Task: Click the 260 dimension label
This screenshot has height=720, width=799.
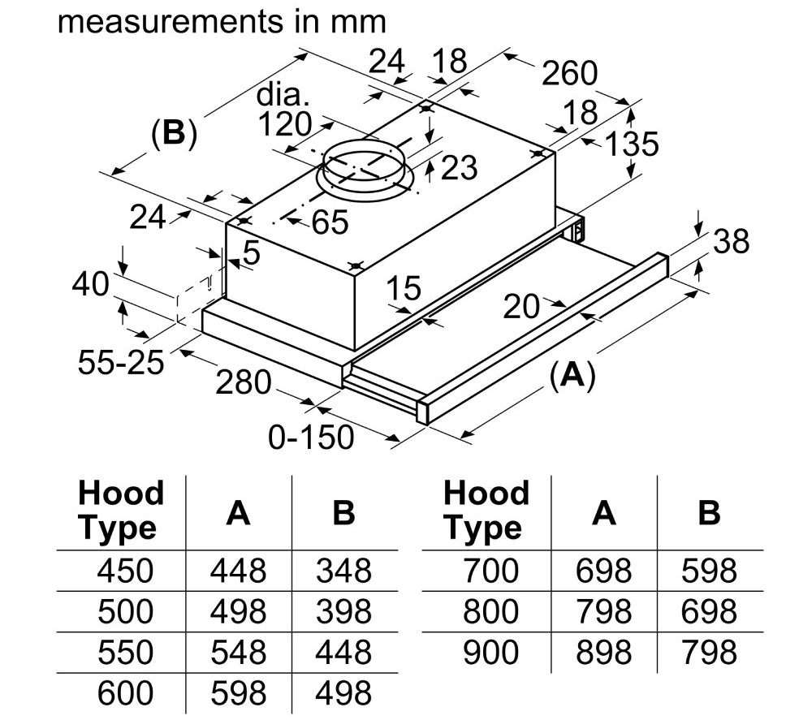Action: tap(569, 75)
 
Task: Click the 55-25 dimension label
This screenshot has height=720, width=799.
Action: tap(121, 363)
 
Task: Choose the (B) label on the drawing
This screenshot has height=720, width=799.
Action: tap(174, 132)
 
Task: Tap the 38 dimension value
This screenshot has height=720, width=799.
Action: tap(730, 241)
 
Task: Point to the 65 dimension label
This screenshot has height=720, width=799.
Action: tap(329, 222)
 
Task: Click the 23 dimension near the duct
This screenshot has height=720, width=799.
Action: tap(458, 168)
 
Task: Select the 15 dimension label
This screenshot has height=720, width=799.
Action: tap(404, 288)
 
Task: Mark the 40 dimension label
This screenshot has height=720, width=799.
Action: tap(90, 285)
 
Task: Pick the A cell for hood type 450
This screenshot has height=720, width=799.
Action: tap(238, 571)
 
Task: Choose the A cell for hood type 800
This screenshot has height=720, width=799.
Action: tap(603, 611)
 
